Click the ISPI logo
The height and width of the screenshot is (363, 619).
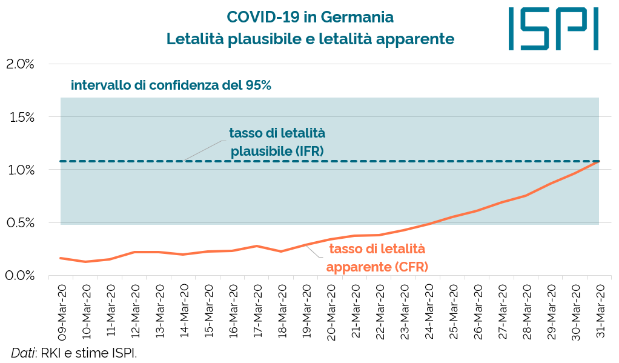[x=554, y=28]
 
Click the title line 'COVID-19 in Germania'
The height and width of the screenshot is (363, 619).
[x=310, y=16]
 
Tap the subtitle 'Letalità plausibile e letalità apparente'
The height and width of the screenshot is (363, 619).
[x=310, y=39]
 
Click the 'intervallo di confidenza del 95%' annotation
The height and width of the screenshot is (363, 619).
[x=171, y=85]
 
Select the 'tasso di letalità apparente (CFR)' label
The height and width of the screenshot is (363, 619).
[x=377, y=258]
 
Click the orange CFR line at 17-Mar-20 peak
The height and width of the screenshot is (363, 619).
[x=257, y=246]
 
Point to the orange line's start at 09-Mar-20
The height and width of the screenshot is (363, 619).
[x=61, y=258]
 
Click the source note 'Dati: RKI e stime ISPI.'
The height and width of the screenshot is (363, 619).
[x=74, y=353]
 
